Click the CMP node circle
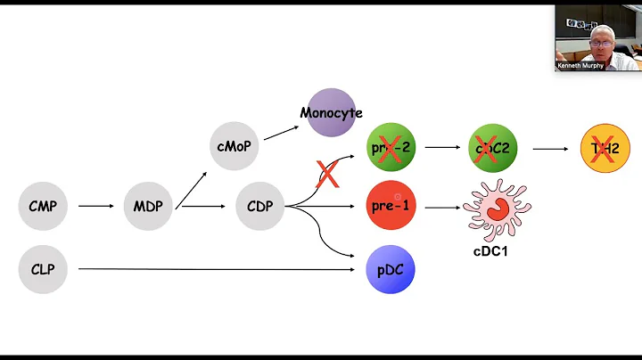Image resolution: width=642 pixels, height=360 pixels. tap(43, 207)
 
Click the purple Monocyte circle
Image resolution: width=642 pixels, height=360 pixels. tap(331, 113)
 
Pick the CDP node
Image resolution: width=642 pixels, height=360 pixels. tap(259, 207)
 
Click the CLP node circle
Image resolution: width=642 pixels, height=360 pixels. tap(43, 267)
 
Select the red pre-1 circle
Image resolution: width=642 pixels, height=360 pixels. tap(391, 207)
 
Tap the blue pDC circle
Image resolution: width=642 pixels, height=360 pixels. tap(391, 268)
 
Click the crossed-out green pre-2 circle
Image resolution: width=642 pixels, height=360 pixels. tap(391, 148)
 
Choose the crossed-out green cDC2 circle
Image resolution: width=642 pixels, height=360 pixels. tap(492, 148)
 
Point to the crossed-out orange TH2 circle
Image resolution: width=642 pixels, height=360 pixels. tap(605, 148)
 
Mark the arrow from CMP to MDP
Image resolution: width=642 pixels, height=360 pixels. tap(95, 207)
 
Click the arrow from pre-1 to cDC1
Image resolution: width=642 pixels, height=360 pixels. tap(441, 208)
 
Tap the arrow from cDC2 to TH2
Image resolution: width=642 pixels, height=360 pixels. tap(549, 149)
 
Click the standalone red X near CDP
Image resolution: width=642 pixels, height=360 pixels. tap(328, 174)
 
